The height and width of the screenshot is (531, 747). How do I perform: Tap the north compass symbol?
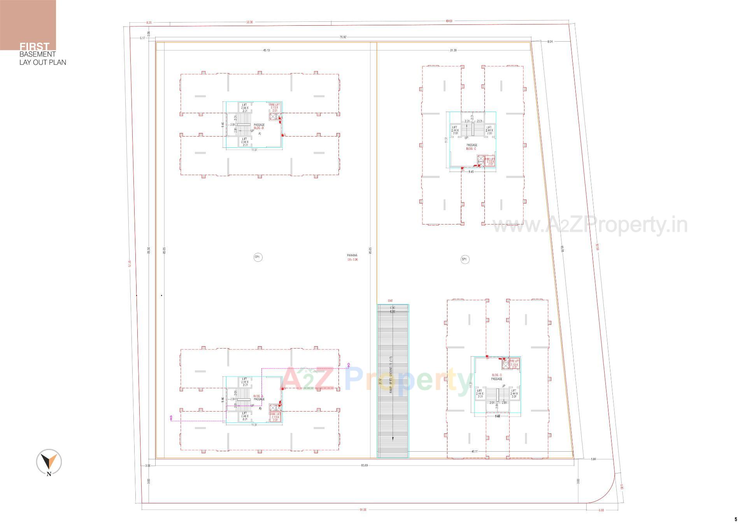[49, 462]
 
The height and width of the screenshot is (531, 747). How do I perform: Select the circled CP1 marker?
[257, 257]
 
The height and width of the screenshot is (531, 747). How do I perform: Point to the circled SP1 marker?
[465, 259]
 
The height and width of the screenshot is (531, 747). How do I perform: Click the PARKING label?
[352, 256]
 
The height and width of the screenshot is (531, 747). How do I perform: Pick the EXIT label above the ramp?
[390, 301]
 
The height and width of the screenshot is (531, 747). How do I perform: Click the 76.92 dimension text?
[343, 37]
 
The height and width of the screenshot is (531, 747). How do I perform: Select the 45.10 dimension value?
[267, 50]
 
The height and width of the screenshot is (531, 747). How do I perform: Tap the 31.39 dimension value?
[453, 50]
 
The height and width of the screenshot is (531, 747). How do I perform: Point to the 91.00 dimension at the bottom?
[363, 510]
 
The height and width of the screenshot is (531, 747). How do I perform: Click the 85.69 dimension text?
[364, 465]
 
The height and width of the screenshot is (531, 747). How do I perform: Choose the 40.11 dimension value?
[474, 452]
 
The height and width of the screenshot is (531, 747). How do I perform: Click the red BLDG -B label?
[259, 128]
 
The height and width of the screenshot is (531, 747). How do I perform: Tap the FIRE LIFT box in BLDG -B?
[274, 108]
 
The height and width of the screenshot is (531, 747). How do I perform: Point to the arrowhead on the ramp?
[393, 439]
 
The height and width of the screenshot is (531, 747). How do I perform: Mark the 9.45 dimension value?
[471, 172]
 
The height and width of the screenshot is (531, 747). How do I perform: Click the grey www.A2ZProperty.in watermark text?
[589, 226]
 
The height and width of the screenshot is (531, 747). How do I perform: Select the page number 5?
[736, 519]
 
